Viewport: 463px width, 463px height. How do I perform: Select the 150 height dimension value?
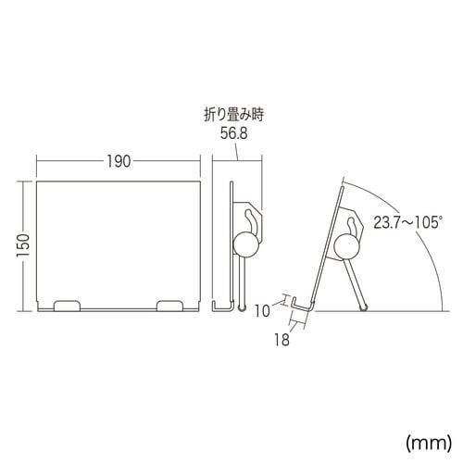click(25, 244)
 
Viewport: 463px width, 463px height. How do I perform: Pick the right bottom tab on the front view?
click(170, 305)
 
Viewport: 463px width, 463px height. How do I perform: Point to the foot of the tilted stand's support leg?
click(366, 307)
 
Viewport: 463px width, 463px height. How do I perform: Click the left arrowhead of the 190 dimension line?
click(39, 159)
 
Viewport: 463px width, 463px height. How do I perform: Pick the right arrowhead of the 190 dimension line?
click(200, 159)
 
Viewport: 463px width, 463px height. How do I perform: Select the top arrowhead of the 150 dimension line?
click(25, 183)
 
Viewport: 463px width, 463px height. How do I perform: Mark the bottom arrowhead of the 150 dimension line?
click(25, 307)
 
